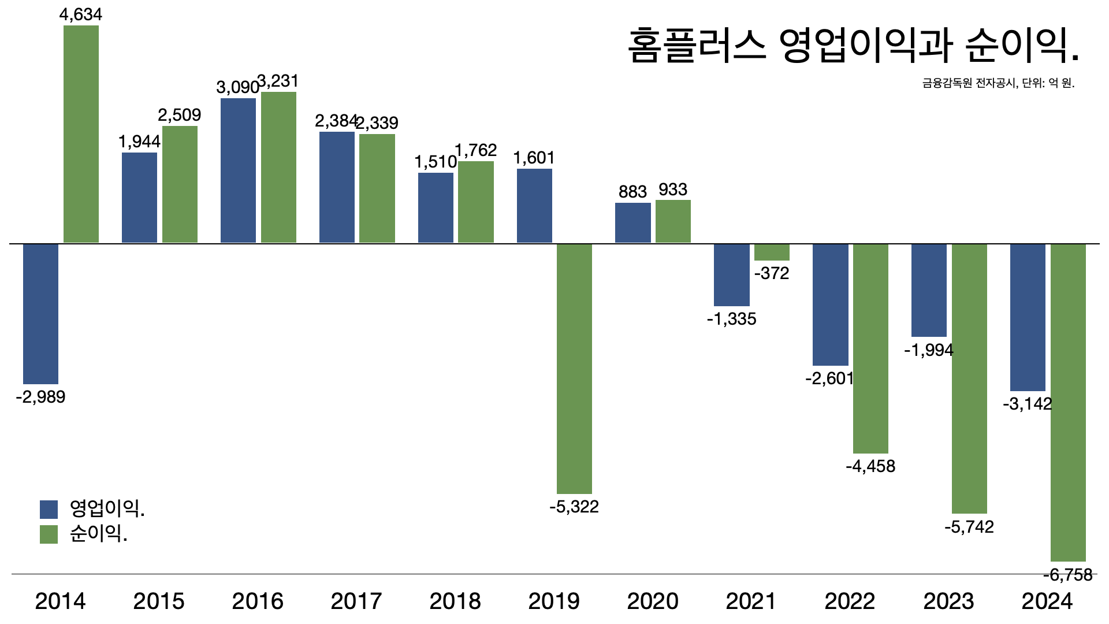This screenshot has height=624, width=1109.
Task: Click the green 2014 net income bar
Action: coord(81,134)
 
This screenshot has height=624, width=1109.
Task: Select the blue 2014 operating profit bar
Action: coord(40,314)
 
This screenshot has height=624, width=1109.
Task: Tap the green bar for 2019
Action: coord(574,369)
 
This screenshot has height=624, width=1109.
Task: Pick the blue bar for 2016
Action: coord(238,170)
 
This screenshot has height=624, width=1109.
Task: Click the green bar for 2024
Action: coord(1068,402)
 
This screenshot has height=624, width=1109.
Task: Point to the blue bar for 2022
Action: coord(830,304)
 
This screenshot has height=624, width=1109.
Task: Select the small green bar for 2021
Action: coord(772,252)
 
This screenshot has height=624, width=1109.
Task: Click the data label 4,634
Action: coord(81,14)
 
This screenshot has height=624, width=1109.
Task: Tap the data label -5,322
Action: coord(574,507)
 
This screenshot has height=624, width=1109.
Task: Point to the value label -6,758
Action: coord(1068,575)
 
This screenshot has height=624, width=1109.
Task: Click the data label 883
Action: coord(632,192)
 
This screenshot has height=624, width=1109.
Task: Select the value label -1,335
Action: coord(731,319)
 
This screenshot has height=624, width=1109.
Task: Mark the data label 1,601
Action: coord(534,158)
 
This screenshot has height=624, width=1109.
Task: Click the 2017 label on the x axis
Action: coord(356,601)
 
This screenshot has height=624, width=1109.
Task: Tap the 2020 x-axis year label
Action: coord(653,601)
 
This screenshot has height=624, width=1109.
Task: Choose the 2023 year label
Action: coord(948,601)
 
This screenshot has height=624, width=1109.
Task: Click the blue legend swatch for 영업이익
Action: coord(49,510)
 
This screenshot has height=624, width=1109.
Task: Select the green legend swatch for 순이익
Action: coord(49,534)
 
